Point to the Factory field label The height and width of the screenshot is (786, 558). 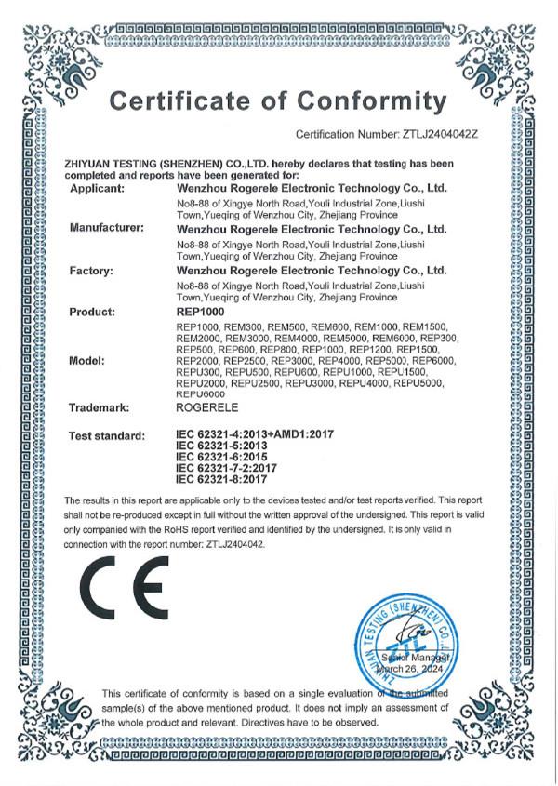click(x=91, y=270)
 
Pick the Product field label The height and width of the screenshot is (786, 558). click(x=92, y=312)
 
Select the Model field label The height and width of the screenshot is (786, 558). click(x=86, y=360)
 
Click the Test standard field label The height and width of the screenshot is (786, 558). click(x=107, y=435)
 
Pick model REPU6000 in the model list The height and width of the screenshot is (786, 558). click(x=199, y=393)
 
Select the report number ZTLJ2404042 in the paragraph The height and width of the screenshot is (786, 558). click(x=238, y=545)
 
